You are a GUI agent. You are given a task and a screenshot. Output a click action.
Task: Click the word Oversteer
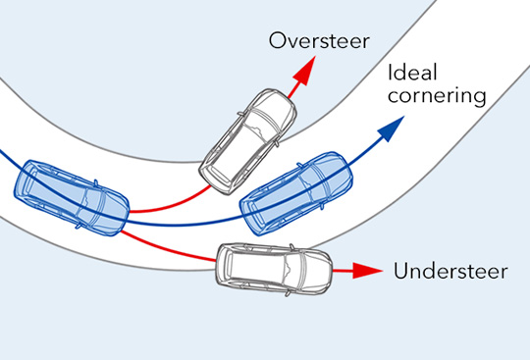click(319, 41)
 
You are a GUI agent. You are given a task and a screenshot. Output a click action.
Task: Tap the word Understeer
click(450, 271)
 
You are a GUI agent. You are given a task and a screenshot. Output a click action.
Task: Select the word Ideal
click(412, 73)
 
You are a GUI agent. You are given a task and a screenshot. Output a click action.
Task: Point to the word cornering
click(437, 96)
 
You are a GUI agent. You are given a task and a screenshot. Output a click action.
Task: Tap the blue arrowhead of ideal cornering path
click(393, 128)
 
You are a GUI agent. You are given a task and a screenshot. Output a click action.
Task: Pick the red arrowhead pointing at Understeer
click(367, 271)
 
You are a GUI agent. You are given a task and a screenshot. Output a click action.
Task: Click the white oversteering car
click(247, 141)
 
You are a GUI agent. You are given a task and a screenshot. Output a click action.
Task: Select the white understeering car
click(274, 269)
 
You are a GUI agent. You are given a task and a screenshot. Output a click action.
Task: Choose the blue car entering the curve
click(72, 197)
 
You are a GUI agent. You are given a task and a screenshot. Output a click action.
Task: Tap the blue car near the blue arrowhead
click(296, 193)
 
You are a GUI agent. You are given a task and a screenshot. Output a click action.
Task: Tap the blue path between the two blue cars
click(183, 225)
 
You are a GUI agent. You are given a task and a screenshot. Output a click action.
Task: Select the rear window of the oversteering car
click(216, 174)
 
